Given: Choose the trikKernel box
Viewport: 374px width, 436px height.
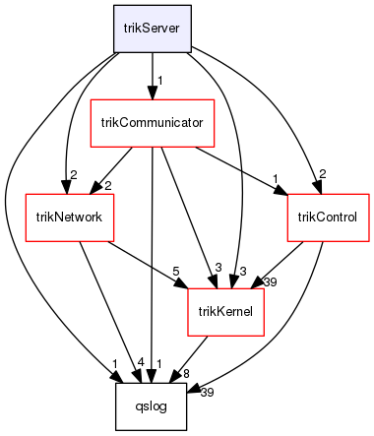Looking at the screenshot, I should click(226, 312).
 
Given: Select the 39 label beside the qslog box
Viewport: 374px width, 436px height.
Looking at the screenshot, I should click(206, 393).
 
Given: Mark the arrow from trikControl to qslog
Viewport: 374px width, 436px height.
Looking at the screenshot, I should click(295, 335).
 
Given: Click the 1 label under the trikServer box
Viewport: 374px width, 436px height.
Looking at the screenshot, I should click(160, 80).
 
